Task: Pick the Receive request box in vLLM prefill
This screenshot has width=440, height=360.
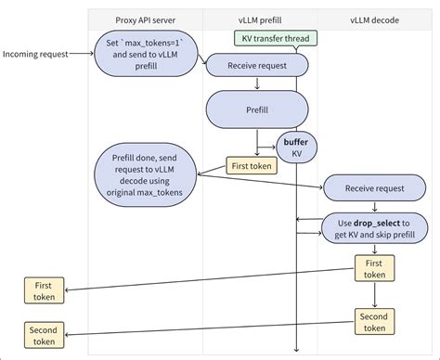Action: pos(256,65)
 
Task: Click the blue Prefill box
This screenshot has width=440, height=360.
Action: pos(257,109)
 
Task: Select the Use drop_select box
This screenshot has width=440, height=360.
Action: pos(375,227)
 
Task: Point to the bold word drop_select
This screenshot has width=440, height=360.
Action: pos(382,222)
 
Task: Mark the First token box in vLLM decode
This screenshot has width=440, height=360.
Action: pos(374,269)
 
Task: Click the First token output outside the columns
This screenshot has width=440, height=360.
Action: pos(43,291)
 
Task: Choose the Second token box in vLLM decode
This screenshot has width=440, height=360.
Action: pos(374,321)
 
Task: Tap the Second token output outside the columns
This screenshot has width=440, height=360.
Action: pos(43,335)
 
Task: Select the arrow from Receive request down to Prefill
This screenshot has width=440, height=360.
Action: pos(257,82)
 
